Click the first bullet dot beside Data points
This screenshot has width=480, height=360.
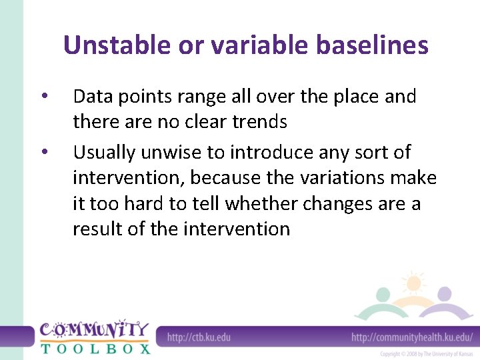point(43,97)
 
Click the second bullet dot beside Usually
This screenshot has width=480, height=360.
point(43,153)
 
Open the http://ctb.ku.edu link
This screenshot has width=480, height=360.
point(199,337)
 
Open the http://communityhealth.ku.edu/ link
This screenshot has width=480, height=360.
point(412,337)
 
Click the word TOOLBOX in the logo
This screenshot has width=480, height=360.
point(95,347)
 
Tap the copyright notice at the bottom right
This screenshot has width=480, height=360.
point(426,353)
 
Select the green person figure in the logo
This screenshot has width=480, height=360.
point(382,299)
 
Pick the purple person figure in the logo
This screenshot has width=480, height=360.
point(445,299)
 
